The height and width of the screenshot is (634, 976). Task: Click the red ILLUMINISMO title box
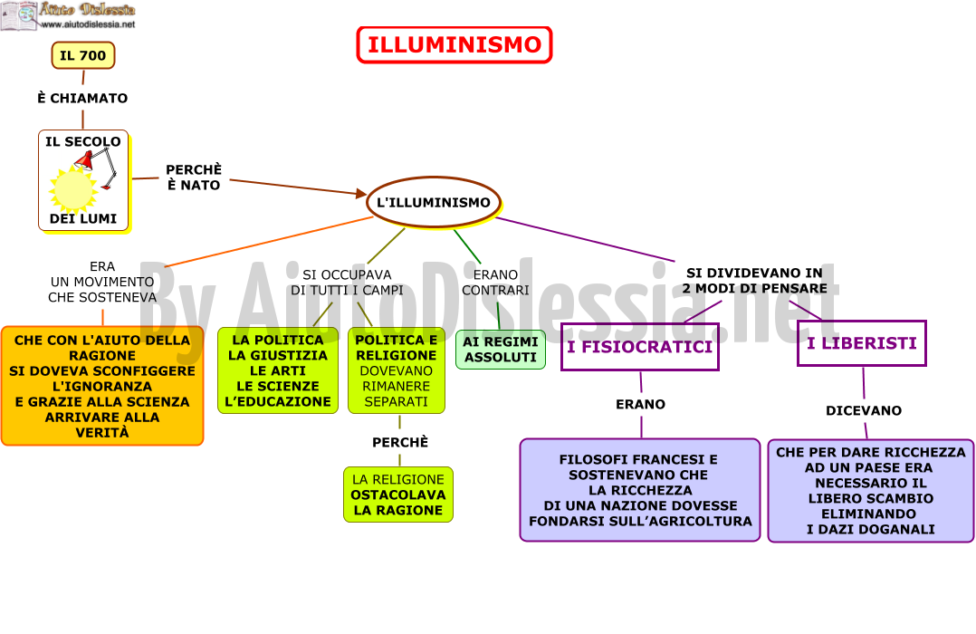tap(455, 45)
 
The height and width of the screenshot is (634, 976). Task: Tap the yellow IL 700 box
tap(82, 55)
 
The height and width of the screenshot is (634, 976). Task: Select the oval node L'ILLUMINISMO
tap(434, 202)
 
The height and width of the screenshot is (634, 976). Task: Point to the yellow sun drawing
tap(72, 189)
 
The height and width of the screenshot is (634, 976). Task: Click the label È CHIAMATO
tap(82, 99)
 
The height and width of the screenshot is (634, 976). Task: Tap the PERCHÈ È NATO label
tap(194, 178)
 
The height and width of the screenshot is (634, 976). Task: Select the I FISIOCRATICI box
tap(640, 347)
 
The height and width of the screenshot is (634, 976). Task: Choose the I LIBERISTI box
tap(862, 343)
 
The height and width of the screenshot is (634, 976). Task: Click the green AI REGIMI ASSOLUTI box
tap(501, 350)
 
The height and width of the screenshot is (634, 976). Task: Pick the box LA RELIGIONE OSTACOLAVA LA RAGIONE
tap(398, 495)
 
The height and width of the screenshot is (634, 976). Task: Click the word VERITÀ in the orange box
tap(102, 433)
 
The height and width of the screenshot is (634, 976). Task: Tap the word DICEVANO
tap(864, 410)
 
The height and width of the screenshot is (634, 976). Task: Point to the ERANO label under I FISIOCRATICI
tap(640, 404)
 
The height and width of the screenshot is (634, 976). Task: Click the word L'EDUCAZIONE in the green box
tap(278, 402)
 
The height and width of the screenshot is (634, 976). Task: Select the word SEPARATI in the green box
tap(396, 402)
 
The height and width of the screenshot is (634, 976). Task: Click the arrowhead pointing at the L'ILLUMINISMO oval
tap(361, 193)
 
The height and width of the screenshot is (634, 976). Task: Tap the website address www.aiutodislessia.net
tap(88, 24)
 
